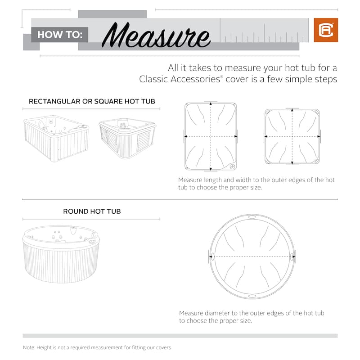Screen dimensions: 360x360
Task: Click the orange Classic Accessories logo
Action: coord(326,30)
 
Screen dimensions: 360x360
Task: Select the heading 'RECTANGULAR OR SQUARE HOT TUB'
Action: coord(92,101)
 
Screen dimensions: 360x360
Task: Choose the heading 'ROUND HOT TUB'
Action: coord(92,211)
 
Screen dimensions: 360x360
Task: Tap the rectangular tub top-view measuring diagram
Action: coord(211,136)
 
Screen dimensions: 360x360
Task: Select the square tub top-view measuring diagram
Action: coord(292,136)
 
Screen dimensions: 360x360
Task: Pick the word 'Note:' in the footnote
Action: coord(29,347)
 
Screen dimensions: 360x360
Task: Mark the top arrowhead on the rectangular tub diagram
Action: coord(211,104)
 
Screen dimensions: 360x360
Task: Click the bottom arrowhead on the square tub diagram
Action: coord(292,163)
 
